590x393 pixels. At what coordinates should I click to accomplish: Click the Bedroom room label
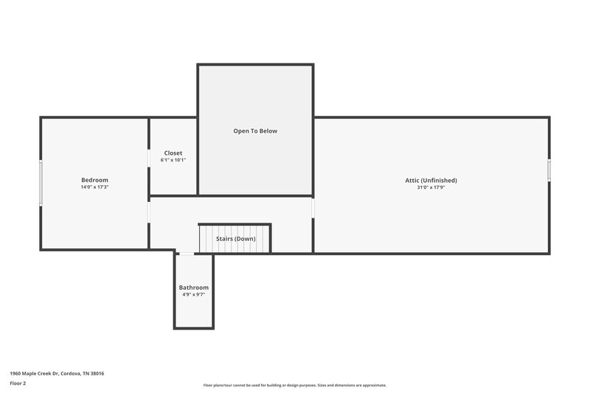click(x=94, y=180)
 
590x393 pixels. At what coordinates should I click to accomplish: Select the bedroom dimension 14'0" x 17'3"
click(x=94, y=187)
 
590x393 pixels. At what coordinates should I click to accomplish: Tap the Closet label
click(x=173, y=153)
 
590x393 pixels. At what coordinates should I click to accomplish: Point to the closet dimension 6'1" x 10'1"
click(x=173, y=160)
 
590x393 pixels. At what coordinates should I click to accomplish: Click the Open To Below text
click(x=255, y=131)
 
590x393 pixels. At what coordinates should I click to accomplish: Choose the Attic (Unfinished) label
click(x=431, y=180)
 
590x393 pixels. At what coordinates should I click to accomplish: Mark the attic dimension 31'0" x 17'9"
click(x=431, y=187)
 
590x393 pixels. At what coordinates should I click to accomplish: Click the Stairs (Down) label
click(x=236, y=239)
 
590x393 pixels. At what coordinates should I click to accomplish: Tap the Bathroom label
click(x=194, y=287)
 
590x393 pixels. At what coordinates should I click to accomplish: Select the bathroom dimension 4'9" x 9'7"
click(x=194, y=294)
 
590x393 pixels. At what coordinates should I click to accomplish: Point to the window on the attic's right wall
click(x=549, y=170)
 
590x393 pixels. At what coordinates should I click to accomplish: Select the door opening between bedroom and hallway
click(x=149, y=212)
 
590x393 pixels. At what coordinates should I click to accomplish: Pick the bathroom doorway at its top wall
click(x=187, y=254)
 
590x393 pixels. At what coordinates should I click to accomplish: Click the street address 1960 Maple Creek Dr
click(x=57, y=374)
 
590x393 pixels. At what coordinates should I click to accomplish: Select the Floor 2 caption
click(x=18, y=383)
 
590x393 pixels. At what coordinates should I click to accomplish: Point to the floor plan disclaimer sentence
click(x=295, y=385)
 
